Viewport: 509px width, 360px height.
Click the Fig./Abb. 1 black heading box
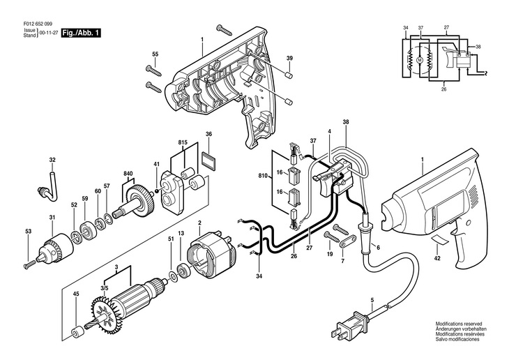coord(81,33)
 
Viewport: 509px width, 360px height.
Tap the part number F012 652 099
coord(38,24)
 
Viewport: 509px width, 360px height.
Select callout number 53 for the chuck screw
coord(29,232)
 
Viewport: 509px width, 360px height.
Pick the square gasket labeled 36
coord(208,160)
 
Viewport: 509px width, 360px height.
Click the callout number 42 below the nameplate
coord(437,258)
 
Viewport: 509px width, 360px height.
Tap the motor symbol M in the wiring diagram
coord(420,60)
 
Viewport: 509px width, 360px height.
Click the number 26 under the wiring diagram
coord(443,89)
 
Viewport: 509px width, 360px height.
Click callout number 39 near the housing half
coord(289,58)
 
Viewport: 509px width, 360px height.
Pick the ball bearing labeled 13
coord(182,271)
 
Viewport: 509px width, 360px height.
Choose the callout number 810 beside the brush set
coord(263,176)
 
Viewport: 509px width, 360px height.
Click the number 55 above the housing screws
coord(155,54)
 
